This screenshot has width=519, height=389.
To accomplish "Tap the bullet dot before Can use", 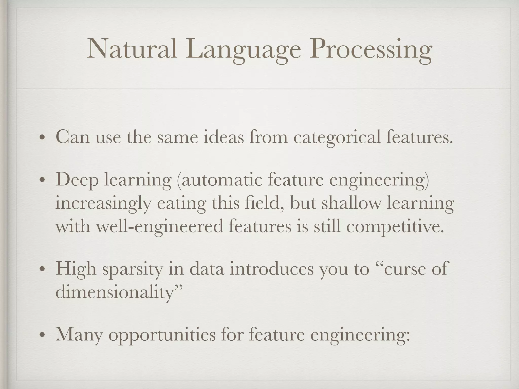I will [42, 138].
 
